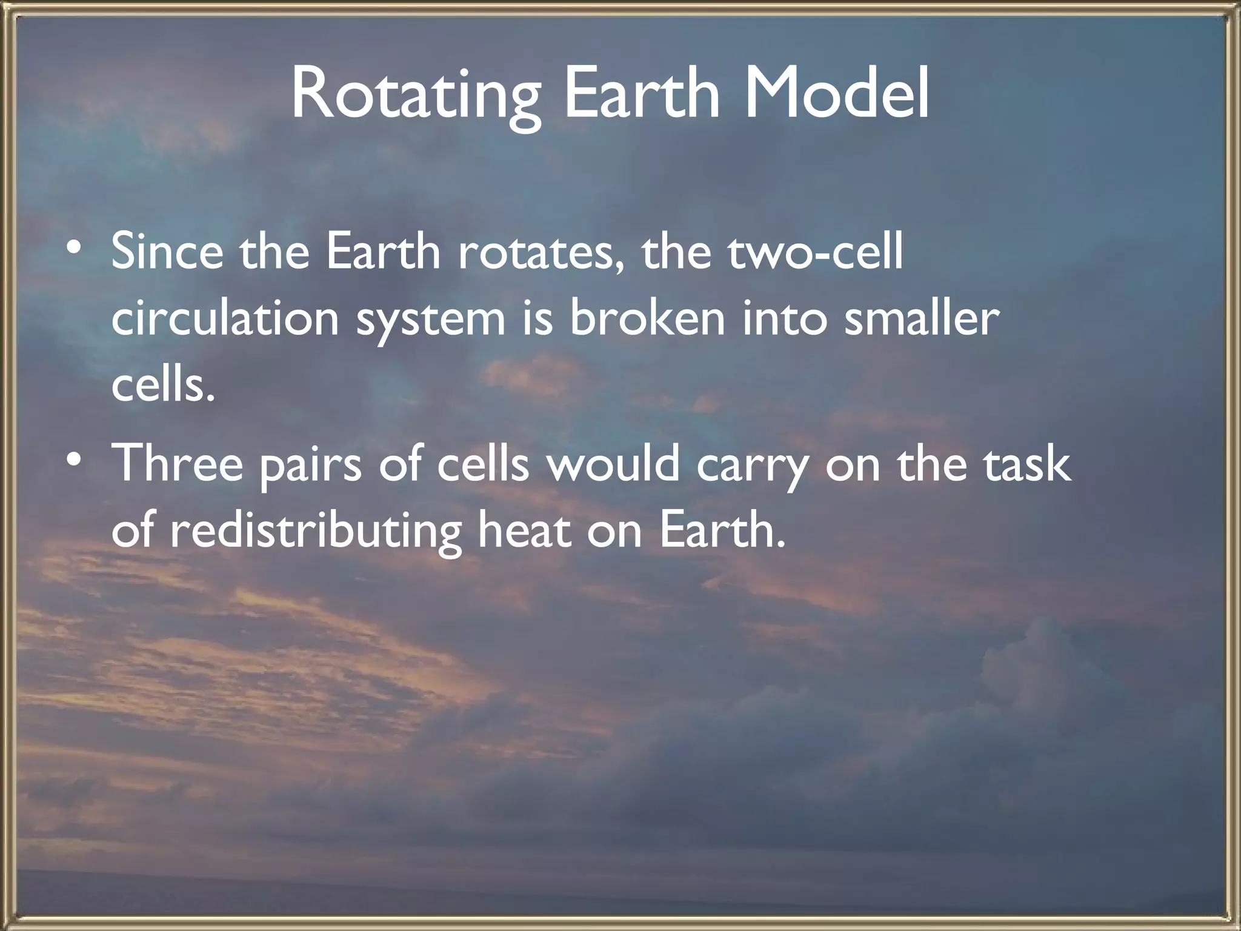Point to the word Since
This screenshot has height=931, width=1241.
click(167, 252)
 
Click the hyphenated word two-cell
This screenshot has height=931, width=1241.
click(814, 253)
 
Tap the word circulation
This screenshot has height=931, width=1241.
click(225, 319)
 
